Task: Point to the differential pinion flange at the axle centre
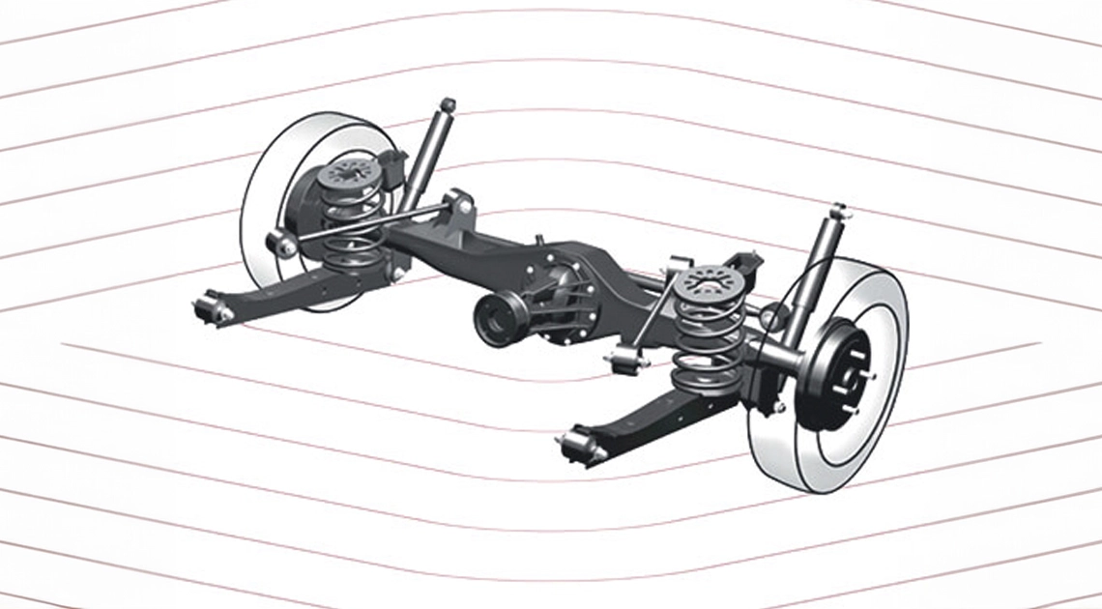498,319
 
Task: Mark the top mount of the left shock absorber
447,103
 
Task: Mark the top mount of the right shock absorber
837,210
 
